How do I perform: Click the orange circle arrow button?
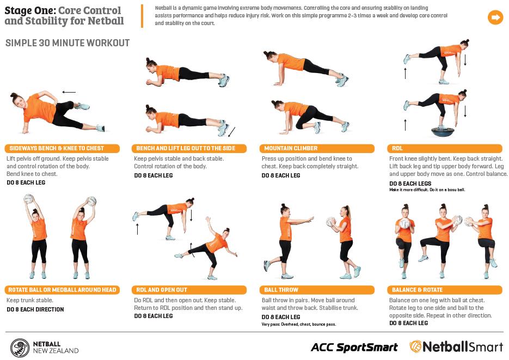(495, 17)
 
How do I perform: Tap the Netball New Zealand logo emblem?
(20, 347)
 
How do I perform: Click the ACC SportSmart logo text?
(354, 347)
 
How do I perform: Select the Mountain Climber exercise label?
(317, 148)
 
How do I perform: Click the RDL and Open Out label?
(189, 290)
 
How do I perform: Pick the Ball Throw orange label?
(317, 290)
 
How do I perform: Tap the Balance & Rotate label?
(445, 290)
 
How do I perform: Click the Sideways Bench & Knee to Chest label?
(62, 148)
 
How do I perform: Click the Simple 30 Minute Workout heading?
(68, 43)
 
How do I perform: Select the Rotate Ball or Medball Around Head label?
(62, 290)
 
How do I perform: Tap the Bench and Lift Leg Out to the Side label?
(189, 148)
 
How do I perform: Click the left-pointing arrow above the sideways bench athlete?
(69, 92)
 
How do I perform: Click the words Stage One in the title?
(30, 10)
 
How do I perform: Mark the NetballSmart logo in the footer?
(456, 347)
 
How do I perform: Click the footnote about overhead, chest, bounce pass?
(299, 324)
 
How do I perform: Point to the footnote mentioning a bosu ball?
(427, 190)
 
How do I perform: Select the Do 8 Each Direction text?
(35, 309)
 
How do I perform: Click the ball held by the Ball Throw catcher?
(331, 221)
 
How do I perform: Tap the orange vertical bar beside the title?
(142, 16)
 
